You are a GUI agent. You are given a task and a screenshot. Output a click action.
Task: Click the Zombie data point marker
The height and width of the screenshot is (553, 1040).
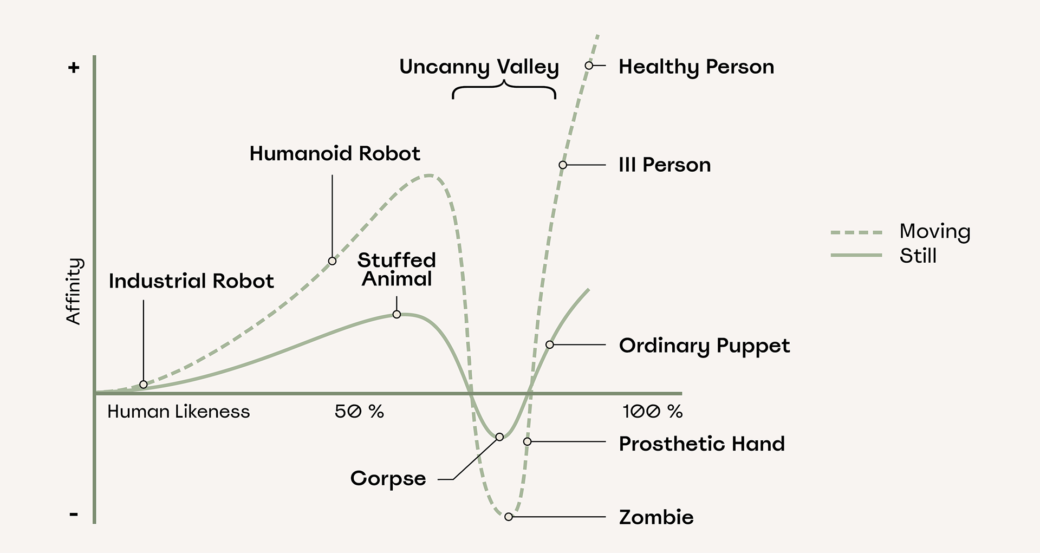508,517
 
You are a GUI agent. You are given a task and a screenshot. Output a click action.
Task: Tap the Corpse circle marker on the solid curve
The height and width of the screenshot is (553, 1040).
499,437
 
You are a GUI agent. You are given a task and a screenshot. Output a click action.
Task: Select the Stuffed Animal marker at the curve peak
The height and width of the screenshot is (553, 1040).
396,314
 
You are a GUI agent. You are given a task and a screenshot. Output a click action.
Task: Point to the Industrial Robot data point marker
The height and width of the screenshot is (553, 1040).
144,385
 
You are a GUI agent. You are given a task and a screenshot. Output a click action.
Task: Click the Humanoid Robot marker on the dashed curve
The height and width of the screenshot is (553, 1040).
332,261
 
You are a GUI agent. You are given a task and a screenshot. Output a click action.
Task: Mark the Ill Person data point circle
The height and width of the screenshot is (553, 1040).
563,165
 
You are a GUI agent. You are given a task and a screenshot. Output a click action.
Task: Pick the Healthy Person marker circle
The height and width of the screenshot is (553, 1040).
589,66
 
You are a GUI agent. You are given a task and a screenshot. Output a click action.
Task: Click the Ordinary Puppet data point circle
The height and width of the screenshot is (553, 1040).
549,344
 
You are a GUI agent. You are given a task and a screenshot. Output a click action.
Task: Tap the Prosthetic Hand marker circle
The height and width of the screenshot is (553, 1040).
527,441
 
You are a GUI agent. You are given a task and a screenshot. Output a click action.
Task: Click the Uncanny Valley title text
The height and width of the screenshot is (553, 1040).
479,67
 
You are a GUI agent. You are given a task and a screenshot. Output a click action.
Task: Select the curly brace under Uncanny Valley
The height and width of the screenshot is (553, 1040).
504,90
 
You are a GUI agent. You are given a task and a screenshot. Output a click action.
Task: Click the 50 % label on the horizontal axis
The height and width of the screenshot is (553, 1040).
359,412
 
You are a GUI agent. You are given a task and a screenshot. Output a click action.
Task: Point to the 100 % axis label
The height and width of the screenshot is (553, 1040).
652,412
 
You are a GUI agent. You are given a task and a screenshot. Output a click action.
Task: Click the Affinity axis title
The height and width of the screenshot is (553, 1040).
73,291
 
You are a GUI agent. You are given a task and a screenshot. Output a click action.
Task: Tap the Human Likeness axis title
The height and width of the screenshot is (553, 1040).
179,412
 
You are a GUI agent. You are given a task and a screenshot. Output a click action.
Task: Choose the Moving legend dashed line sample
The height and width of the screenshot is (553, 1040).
856,232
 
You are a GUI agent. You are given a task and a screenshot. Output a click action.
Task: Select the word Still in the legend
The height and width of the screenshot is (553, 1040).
918,256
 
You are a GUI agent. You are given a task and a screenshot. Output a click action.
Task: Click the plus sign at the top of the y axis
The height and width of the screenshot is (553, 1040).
74,68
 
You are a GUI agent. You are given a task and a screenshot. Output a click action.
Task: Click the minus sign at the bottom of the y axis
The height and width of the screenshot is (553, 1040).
74,514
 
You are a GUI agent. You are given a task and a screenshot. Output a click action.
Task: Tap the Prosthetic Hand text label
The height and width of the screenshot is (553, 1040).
701,444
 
